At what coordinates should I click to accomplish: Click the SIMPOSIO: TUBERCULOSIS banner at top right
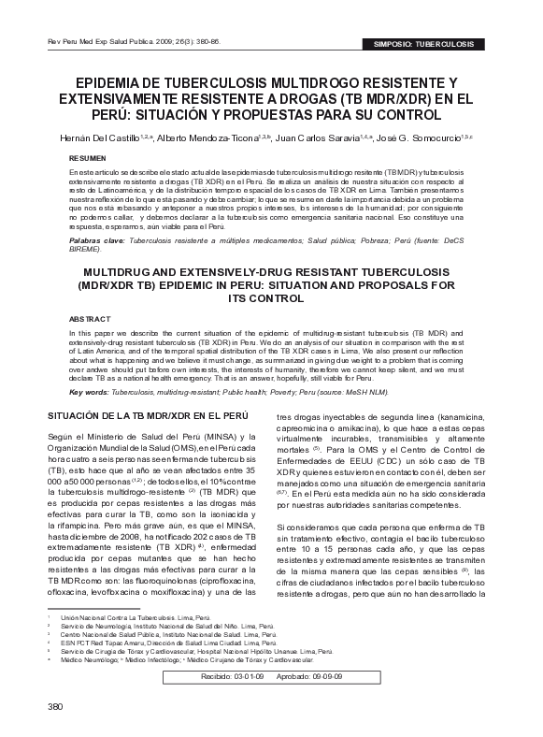click(x=431, y=44)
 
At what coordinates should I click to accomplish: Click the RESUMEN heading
click(x=89, y=159)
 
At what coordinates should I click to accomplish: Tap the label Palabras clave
click(x=96, y=240)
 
